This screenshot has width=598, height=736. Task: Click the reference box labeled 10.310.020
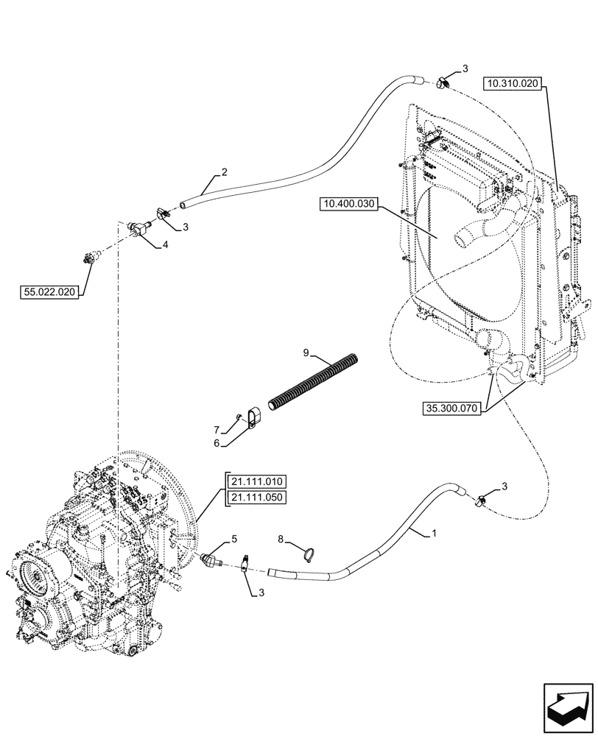tap(513, 85)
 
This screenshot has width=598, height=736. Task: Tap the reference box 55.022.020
tap(49, 292)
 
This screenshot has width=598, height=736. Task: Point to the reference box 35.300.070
tap(452, 407)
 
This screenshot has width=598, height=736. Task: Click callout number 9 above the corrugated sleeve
tap(306, 354)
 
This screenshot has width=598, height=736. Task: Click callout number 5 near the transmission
tap(234, 539)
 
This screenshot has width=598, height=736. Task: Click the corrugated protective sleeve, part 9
tap(315, 383)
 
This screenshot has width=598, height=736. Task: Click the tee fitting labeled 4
tap(136, 230)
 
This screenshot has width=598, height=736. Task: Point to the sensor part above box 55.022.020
tap(90, 258)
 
